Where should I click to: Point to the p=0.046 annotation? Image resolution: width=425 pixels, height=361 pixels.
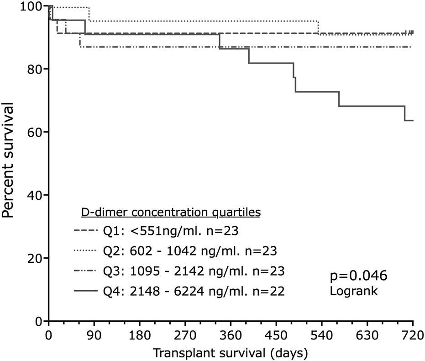point(358,276)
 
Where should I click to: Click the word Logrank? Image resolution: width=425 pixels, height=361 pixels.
point(353,291)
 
